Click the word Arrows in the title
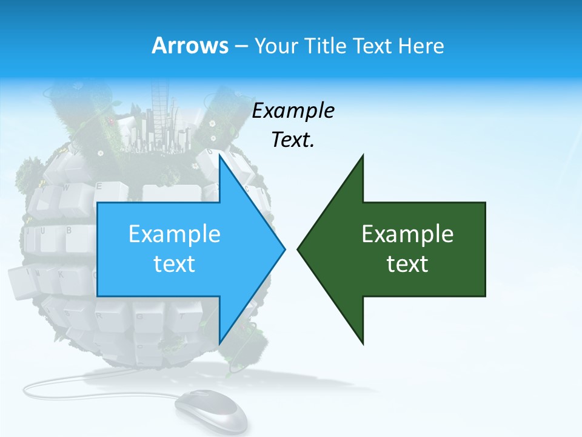pyautogui.click(x=190, y=46)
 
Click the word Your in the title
pyautogui.click(x=276, y=46)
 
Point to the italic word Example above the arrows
pyautogui.click(x=293, y=110)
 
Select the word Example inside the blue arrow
pyautogui.click(x=175, y=234)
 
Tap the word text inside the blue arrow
pyautogui.click(x=175, y=264)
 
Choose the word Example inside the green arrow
pyautogui.click(x=407, y=234)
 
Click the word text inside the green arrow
pyautogui.click(x=407, y=264)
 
